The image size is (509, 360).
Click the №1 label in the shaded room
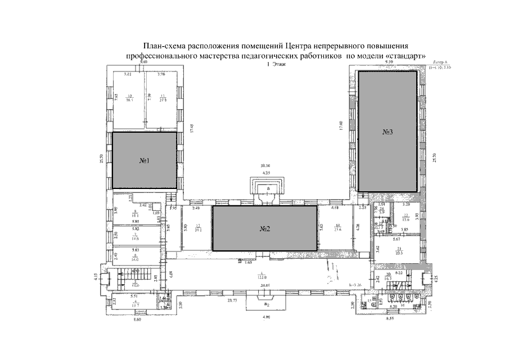144,161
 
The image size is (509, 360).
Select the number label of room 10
129,96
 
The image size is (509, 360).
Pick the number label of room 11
162,96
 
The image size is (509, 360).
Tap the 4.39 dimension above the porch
265,172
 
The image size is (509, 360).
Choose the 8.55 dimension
390,319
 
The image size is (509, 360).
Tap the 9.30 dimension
389,61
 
